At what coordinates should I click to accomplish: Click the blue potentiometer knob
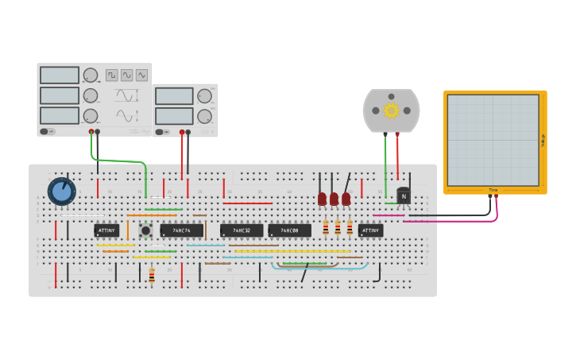pyautogui.click(x=61, y=191)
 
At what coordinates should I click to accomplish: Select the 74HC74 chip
pyautogui.click(x=181, y=230)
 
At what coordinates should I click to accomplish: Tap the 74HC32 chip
pyautogui.click(x=242, y=230)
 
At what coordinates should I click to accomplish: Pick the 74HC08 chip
pyautogui.click(x=289, y=230)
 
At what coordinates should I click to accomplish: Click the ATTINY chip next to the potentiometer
pyautogui.click(x=106, y=230)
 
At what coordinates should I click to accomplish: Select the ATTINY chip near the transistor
pyautogui.click(x=370, y=230)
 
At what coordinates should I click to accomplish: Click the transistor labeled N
pyautogui.click(x=404, y=195)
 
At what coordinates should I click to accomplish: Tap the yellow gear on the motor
pyautogui.click(x=391, y=110)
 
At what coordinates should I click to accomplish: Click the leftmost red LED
pyautogui.click(x=322, y=199)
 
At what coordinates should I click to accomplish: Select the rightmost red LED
pyautogui.click(x=346, y=199)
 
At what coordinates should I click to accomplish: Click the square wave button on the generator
pyautogui.click(x=112, y=75)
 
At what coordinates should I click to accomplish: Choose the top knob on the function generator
pyautogui.click(x=91, y=75)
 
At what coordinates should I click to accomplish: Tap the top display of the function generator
pyautogui.click(x=60, y=75)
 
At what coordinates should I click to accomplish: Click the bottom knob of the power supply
pyautogui.click(x=204, y=116)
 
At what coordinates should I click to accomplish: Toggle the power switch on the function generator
pyautogui.click(x=48, y=131)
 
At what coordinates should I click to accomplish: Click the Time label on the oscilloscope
pyautogui.click(x=493, y=190)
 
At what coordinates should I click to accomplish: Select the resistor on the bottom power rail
pyautogui.click(x=152, y=276)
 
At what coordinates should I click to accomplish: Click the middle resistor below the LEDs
pyautogui.click(x=338, y=228)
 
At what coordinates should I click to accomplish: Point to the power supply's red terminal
pyautogui.click(x=182, y=132)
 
